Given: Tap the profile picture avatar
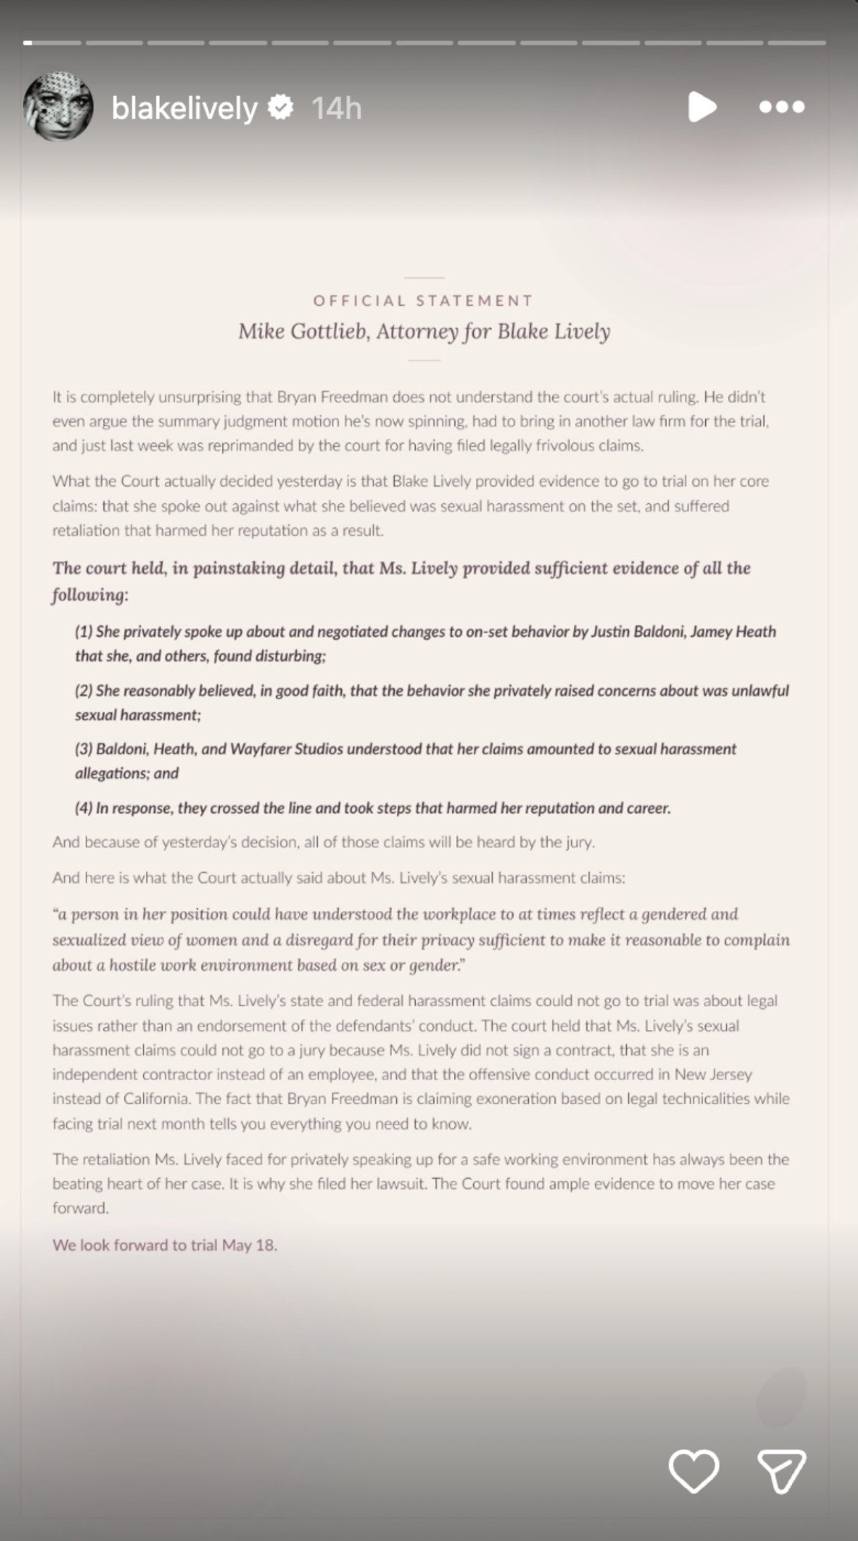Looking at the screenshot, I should point(58,107).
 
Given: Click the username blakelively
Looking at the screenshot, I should point(184,108).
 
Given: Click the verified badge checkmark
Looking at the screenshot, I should point(281,107).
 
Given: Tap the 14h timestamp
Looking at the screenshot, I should point(336,108).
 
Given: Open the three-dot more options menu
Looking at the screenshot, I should point(782,107).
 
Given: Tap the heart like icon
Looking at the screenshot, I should point(694,1471).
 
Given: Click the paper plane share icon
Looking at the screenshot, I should point(782,1471).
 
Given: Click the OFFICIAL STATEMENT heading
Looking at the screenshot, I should point(424,301).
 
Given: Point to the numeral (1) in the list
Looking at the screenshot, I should point(84,632).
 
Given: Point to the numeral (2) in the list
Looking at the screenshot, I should point(84,691).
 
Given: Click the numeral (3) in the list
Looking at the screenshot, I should point(84,749).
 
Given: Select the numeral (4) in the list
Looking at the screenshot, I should point(84,808).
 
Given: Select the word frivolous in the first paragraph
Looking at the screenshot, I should point(559,446).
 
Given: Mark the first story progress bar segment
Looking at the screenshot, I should point(52,43).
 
